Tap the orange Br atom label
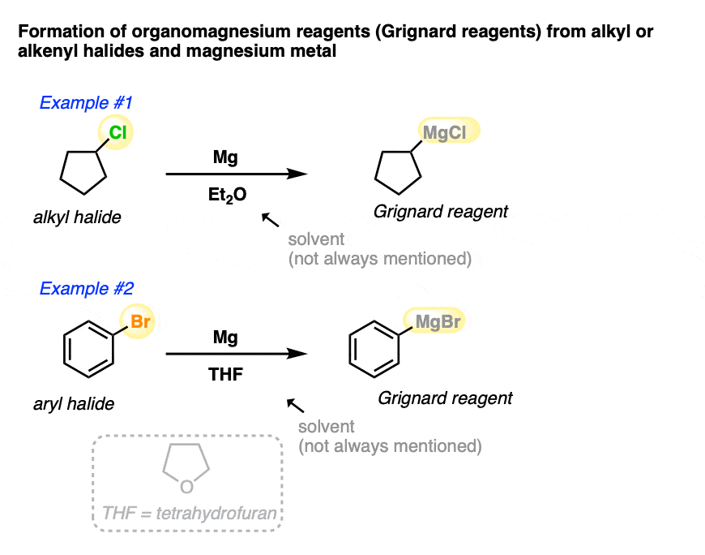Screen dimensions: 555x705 click(140, 321)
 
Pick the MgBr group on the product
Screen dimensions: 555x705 click(438, 321)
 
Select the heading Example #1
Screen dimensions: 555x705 click(86, 103)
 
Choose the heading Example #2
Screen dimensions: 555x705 click(87, 288)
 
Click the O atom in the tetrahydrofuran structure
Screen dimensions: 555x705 click(186, 486)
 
